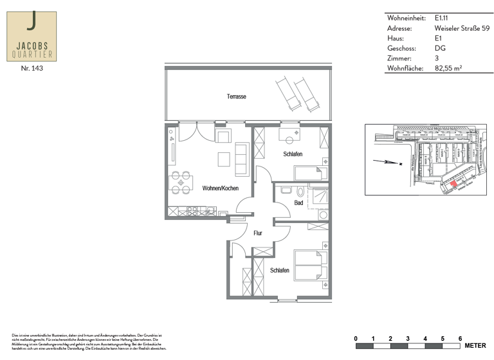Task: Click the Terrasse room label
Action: pos(236,96)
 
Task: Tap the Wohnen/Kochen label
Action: pos(221,188)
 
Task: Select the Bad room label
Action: pos(298,203)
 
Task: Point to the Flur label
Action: pos(257,233)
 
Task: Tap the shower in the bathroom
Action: pos(320,197)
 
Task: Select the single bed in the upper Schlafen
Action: pos(311,172)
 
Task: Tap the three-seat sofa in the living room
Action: pos(242,160)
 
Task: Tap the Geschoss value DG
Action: pos(440,48)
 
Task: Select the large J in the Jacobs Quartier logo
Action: pos(32,23)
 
